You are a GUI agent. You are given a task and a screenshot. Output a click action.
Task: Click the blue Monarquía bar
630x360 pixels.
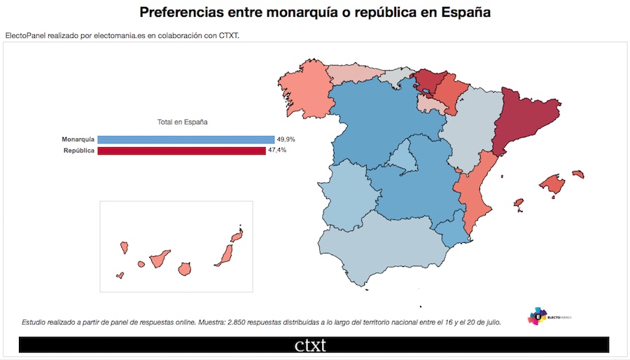[185, 139]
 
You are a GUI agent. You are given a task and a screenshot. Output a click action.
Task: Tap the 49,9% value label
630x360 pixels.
[286, 139]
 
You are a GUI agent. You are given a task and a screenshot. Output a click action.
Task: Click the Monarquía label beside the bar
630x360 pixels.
[78, 139]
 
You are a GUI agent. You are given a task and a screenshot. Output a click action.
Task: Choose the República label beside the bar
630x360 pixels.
[79, 150]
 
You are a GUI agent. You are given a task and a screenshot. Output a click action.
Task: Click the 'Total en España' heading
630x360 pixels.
[182, 122]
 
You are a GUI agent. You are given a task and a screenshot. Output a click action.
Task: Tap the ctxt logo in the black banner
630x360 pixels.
[310, 345]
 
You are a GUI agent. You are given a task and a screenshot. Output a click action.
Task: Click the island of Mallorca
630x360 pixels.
[552, 184]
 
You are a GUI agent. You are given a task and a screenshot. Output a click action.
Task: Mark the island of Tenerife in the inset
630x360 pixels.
[157, 258]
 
